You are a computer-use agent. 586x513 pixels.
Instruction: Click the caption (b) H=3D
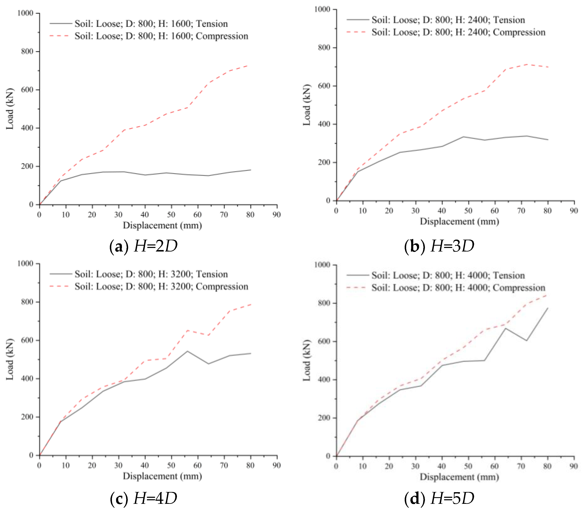(x=439, y=246)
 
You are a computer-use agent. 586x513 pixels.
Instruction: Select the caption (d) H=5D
(x=439, y=498)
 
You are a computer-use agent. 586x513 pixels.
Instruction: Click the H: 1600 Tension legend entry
(x=151, y=24)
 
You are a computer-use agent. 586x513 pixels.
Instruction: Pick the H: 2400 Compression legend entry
(x=458, y=32)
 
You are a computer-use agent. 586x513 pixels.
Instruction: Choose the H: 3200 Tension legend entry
(x=151, y=274)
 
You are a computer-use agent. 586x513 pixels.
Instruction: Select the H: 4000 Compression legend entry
(x=458, y=288)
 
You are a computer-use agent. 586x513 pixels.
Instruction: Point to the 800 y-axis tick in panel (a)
(x=27, y=51)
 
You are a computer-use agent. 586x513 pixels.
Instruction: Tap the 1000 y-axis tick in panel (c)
(x=25, y=263)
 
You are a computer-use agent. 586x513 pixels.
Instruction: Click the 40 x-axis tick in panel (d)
(x=442, y=466)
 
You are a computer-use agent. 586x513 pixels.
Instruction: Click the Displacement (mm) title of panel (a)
(x=162, y=226)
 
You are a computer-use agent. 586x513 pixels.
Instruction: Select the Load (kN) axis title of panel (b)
(x=307, y=105)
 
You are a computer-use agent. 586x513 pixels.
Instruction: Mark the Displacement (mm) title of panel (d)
(x=459, y=477)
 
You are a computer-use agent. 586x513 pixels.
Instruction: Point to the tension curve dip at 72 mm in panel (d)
(x=526, y=340)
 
